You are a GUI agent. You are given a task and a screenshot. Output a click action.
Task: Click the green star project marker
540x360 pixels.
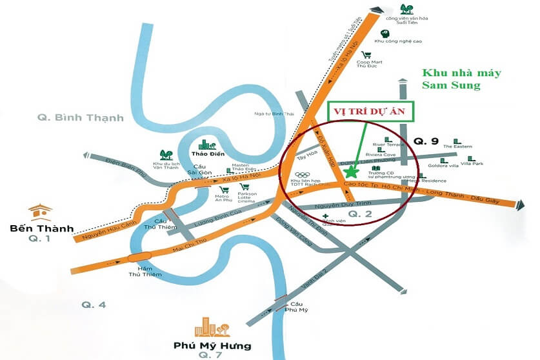351,172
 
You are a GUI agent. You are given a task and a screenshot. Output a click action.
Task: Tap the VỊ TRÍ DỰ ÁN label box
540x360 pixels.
370,110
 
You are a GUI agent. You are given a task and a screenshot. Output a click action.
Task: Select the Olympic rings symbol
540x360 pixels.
303,175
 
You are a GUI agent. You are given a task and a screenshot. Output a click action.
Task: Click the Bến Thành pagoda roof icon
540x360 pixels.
40,213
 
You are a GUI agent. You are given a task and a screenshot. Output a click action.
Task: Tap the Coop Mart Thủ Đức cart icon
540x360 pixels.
366,55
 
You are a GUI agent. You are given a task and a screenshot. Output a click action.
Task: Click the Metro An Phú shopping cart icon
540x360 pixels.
223,190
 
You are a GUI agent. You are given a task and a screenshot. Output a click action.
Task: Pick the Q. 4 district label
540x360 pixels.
94,305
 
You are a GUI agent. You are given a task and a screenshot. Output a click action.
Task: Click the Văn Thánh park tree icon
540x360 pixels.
166,155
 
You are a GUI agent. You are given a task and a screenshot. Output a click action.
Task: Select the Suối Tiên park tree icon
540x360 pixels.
406,9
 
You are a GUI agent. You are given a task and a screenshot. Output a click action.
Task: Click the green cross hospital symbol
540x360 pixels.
326,216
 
